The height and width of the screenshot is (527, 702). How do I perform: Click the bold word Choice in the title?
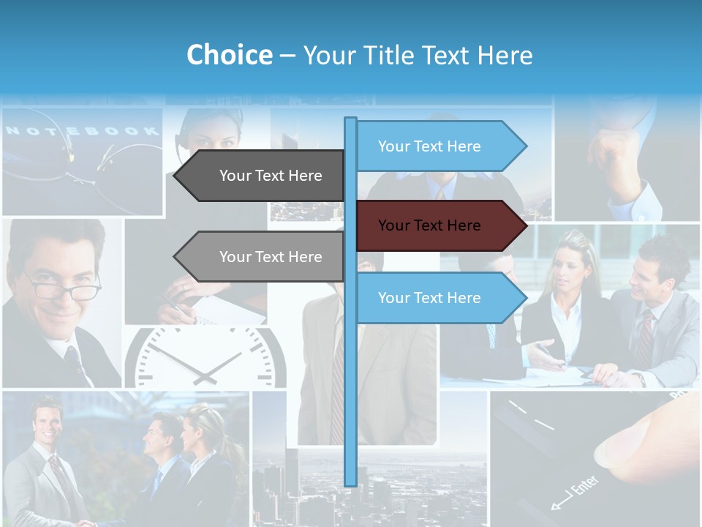tap(229, 56)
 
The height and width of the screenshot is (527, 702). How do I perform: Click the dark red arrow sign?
tap(439, 225)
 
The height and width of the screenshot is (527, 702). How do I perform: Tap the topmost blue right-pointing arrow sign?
tap(439, 146)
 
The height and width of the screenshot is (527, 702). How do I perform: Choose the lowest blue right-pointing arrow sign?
tap(439, 298)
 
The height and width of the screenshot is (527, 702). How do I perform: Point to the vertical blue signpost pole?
tap(350, 381)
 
